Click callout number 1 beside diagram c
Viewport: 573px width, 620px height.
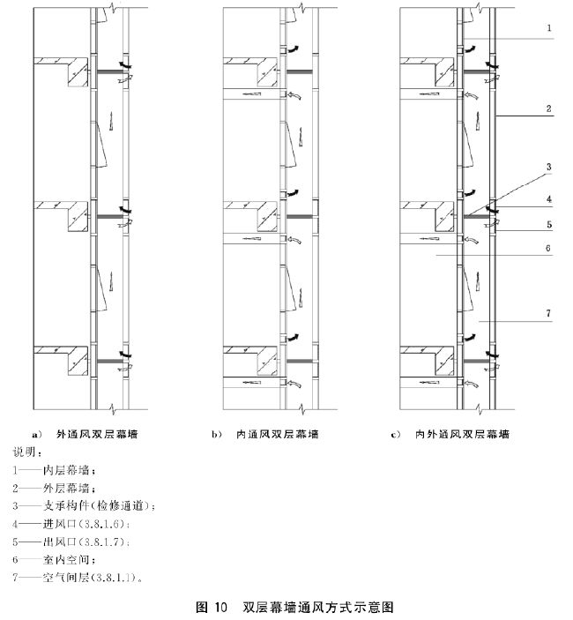pyautogui.click(x=548, y=28)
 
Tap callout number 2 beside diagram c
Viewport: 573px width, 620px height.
pyautogui.click(x=548, y=108)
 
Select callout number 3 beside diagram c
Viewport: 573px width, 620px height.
pyautogui.click(x=548, y=166)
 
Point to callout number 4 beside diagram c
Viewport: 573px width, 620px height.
pyautogui.click(x=548, y=199)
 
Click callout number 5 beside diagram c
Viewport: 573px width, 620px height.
pyautogui.click(x=548, y=224)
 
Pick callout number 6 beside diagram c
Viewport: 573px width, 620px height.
pyautogui.click(x=548, y=249)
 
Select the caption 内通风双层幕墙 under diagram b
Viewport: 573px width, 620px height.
pyautogui.click(x=277, y=434)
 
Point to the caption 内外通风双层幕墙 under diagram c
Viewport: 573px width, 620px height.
pyautogui.click(x=463, y=434)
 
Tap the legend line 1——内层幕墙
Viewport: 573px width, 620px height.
pyautogui.click(x=55, y=469)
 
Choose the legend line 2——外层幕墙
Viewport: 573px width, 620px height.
pyautogui.click(x=55, y=488)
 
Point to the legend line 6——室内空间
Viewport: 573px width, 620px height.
pyautogui.click(x=55, y=559)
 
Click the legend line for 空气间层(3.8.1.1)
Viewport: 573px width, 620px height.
pyautogui.click(x=78, y=578)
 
